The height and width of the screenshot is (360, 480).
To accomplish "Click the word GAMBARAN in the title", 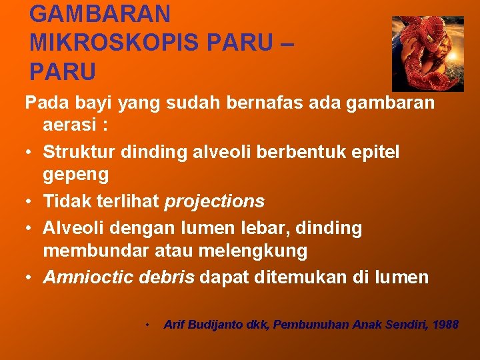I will (100, 13).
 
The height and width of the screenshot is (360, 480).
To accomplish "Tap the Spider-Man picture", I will (427, 53).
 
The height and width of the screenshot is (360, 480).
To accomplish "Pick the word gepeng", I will (76, 175).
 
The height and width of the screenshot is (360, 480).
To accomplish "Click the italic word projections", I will (215, 201).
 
